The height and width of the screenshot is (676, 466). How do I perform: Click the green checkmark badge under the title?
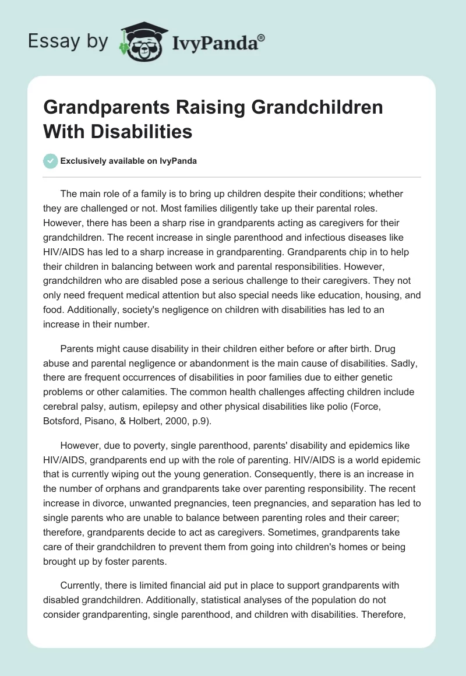coord(51,161)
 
